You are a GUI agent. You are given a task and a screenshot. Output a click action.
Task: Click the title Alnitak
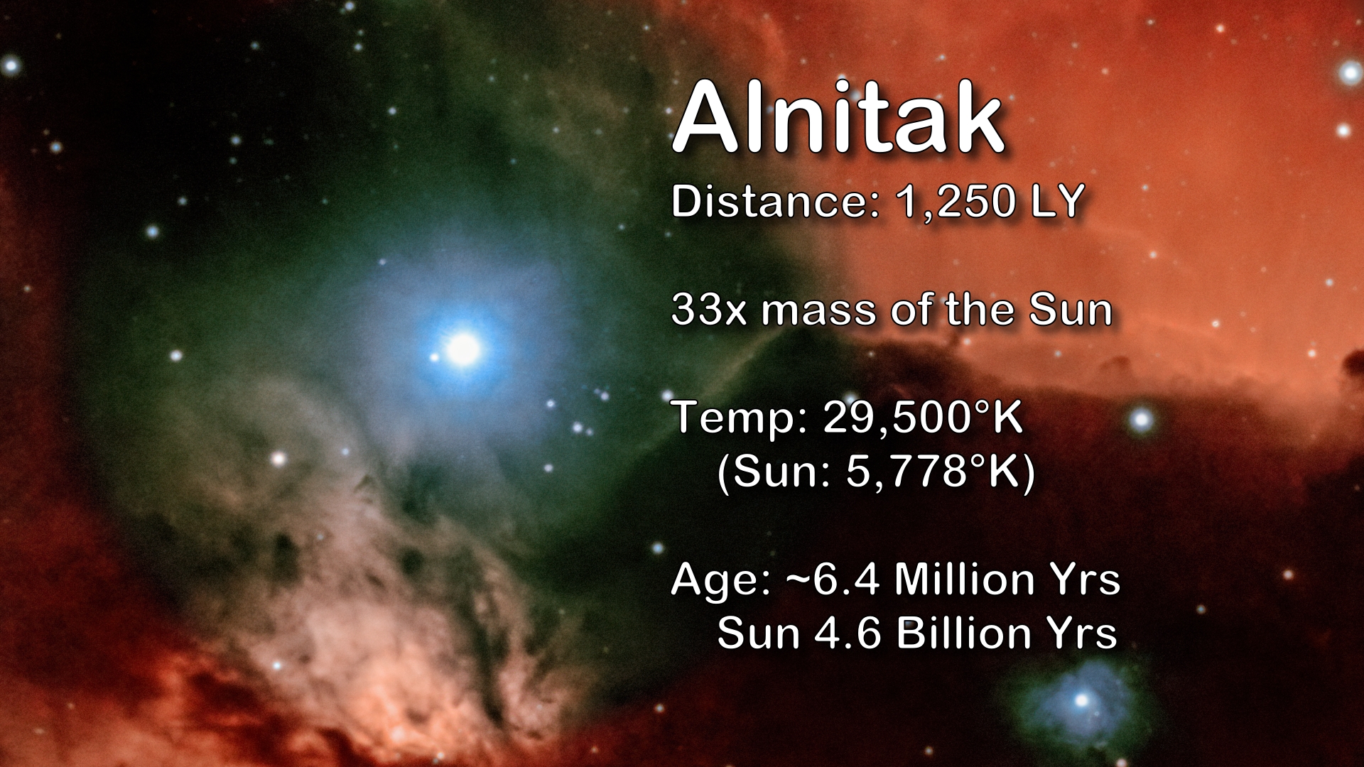838,118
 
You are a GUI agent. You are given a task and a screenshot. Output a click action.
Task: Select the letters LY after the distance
1059,201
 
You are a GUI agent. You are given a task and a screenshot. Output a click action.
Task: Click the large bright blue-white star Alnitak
463,349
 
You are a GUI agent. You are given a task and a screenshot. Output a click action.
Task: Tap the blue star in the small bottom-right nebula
1081,700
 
